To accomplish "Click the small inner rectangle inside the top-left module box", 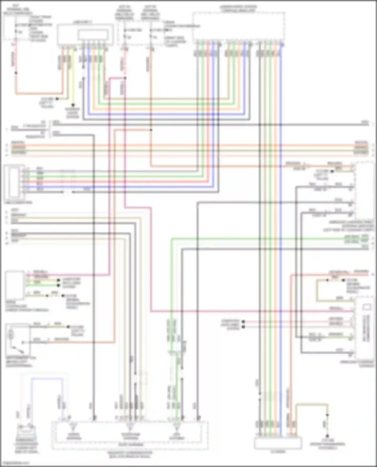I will [93, 35].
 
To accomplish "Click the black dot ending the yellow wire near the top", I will [73, 105].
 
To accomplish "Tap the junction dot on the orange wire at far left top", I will [16, 73].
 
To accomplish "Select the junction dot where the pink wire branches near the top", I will [125, 78].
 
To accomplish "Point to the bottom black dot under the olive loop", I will [327, 436].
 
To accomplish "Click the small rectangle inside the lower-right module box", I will [367, 307].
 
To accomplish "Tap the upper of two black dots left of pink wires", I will [243, 321].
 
